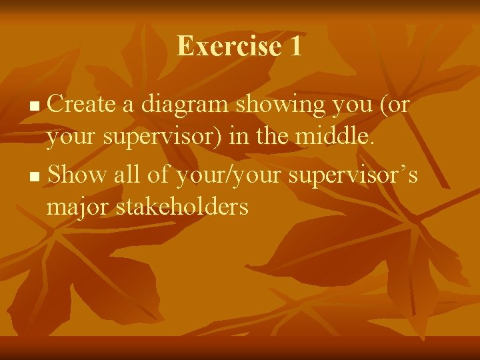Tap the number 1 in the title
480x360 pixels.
[294, 46]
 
